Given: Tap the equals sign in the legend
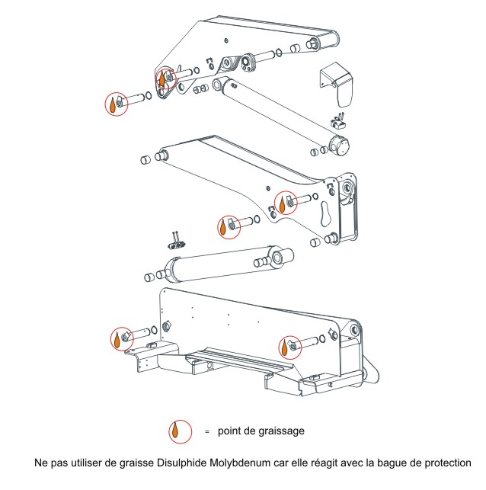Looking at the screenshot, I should (x=206, y=431).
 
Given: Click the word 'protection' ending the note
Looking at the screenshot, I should (x=446, y=463).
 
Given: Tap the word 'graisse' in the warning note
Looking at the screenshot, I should (x=136, y=463).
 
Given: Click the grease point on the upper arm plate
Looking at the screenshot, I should (x=165, y=78).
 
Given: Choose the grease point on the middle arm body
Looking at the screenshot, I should (x=284, y=202).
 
